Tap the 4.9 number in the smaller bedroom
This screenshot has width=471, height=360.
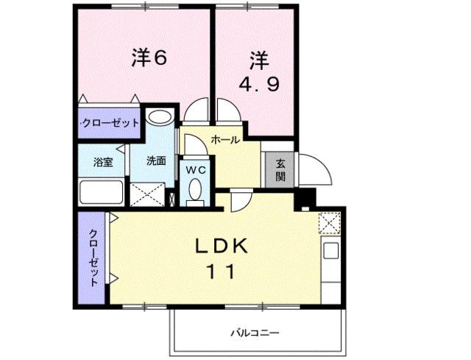pyautogui.click(x=258, y=84)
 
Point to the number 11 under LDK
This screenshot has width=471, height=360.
pyautogui.click(x=216, y=272)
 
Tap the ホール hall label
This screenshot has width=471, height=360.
pyautogui.click(x=225, y=139)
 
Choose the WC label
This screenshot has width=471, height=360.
pyautogui.click(x=196, y=169)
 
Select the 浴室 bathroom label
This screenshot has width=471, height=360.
pyautogui.click(x=102, y=161)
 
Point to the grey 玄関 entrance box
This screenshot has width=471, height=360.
pyautogui.click(x=280, y=170)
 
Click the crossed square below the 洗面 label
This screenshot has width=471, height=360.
pyautogui.click(x=148, y=194)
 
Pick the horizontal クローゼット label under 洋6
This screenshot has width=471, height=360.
pyautogui.click(x=110, y=123)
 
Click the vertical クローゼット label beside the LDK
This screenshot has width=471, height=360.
pyautogui.click(x=94, y=258)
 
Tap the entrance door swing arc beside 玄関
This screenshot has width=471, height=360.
pyautogui.click(x=313, y=173)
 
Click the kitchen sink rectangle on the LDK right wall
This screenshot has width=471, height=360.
pyautogui.click(x=330, y=250)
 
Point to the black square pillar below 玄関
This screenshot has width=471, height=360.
pyautogui.click(x=304, y=198)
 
